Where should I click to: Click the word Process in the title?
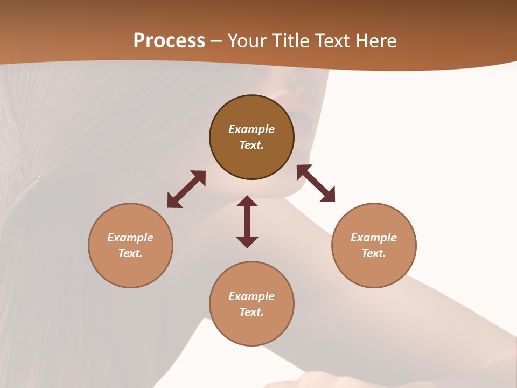pos(169,41)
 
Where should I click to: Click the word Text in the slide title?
pos(334,41)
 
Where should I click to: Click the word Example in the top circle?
pos(251,129)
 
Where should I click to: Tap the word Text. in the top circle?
pos(251,145)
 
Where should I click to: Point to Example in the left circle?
pos(130,238)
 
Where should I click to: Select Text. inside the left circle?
pos(130,253)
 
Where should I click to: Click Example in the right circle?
pos(374,238)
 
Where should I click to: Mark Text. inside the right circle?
pos(374,253)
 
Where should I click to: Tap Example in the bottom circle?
pos(251,296)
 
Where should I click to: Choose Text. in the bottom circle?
pos(251,312)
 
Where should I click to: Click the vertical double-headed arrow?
pos(247,221)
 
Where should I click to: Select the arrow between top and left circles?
pos(186,189)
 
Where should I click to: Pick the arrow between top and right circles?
pos(316,183)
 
